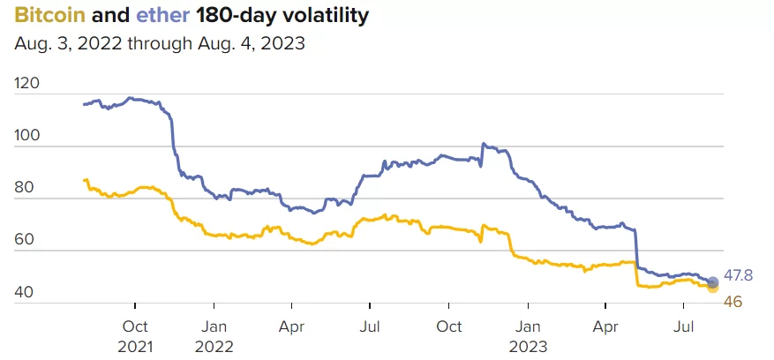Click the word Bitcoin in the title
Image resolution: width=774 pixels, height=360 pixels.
(50, 16)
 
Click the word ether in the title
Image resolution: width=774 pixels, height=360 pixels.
(162, 16)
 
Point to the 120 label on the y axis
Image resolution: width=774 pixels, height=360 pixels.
(26, 82)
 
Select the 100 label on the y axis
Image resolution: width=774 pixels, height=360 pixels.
(26, 135)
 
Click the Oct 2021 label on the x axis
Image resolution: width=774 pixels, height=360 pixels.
(135, 336)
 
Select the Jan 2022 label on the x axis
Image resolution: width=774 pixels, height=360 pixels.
(214, 336)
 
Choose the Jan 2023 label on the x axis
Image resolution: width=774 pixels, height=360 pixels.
(528, 336)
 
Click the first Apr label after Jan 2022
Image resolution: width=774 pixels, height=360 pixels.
(292, 326)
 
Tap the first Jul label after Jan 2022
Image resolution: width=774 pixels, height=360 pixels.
(370, 326)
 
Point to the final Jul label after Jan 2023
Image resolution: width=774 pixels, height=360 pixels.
(684, 326)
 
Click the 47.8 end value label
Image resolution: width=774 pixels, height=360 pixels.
(738, 275)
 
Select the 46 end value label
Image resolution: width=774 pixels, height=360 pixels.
(733, 301)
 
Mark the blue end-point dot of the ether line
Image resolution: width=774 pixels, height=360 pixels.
(713, 282)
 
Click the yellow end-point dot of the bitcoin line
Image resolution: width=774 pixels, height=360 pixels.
(713, 288)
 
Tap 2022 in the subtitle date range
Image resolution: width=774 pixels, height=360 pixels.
(101, 43)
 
